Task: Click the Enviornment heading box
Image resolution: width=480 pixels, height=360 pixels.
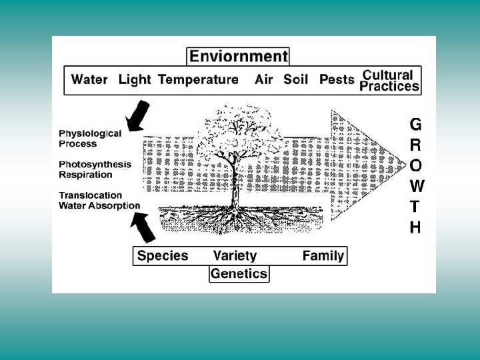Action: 238,56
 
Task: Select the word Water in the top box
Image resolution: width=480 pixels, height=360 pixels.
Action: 89,80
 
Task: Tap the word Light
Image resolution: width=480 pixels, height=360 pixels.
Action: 135,80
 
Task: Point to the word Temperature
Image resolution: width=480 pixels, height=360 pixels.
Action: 198,80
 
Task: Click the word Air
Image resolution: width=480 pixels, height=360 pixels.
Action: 264,80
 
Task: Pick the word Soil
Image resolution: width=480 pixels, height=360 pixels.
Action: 296,80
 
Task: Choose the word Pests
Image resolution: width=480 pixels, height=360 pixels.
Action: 337,80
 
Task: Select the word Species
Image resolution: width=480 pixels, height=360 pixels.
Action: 163,255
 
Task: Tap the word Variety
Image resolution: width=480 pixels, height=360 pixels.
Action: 235,255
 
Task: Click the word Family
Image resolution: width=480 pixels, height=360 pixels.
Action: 323,255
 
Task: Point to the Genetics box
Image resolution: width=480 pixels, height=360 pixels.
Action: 239,273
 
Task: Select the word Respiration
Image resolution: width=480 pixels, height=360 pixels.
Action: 85,175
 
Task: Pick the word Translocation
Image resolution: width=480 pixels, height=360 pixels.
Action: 90,195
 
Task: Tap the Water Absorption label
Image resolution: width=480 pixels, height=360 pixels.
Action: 99,205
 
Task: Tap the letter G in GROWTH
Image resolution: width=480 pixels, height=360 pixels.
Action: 415,124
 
